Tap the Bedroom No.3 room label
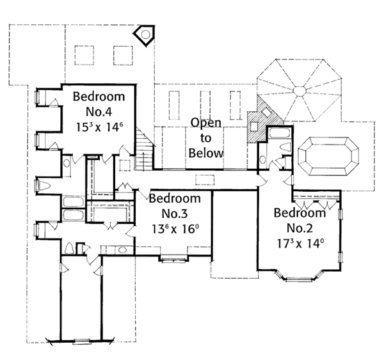tap(175, 205)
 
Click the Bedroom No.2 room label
tap(300, 220)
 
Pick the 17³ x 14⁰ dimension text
tap(300, 244)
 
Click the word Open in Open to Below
tap(205, 122)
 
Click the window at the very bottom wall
tap(82, 340)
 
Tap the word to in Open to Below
tap(205, 137)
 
